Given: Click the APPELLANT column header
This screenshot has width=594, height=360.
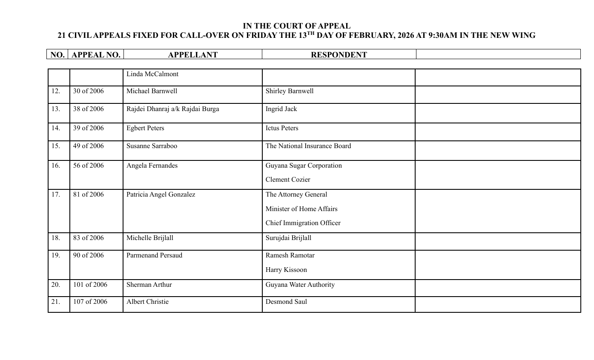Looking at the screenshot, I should [x=192, y=55].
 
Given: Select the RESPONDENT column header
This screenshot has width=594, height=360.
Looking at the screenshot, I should [x=339, y=55].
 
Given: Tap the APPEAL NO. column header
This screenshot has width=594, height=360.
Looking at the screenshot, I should [x=96, y=55].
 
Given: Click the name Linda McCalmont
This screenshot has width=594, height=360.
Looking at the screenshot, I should [x=152, y=74].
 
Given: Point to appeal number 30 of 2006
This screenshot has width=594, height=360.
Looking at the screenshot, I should [x=88, y=91].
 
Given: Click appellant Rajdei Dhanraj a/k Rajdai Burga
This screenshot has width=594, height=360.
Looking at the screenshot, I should [x=172, y=109].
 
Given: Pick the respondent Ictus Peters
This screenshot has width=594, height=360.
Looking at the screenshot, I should [x=281, y=128].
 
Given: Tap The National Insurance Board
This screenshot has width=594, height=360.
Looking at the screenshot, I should [x=308, y=146].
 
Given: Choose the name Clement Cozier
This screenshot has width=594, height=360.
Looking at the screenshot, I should [x=287, y=180].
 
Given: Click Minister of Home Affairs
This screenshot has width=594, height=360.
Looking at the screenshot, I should [x=301, y=209].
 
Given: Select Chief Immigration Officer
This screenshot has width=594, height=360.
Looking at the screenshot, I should [x=303, y=223].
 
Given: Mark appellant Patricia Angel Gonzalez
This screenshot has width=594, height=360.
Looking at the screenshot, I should [x=161, y=194].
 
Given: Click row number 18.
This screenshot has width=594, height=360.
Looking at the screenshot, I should [x=56, y=238].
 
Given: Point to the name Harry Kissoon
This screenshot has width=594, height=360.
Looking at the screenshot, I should [x=286, y=270].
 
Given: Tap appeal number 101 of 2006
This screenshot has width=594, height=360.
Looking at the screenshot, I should [x=90, y=285].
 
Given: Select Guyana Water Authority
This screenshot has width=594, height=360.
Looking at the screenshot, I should [x=300, y=285].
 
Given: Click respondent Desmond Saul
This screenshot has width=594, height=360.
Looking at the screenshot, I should [x=286, y=302].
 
